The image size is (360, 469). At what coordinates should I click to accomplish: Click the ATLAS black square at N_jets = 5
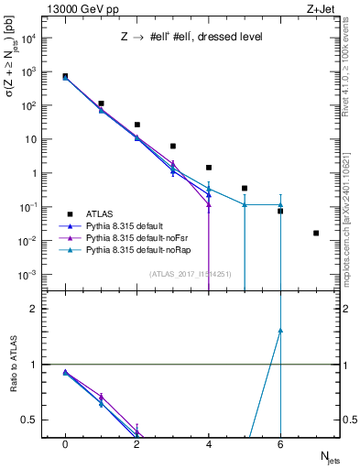click(x=245, y=188)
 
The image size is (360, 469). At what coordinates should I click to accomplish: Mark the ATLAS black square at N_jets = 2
click(x=136, y=125)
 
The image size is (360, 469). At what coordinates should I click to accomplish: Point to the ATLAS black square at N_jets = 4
click(x=209, y=168)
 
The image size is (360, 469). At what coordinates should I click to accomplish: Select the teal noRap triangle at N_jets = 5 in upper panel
click(x=245, y=204)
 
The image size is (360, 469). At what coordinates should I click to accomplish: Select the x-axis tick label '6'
click(x=280, y=445)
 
